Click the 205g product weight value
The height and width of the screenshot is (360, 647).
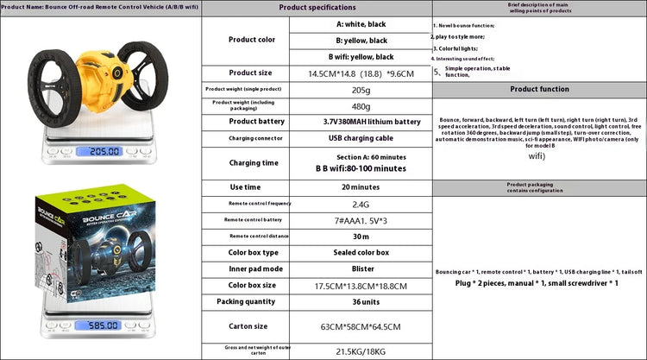click(360, 89)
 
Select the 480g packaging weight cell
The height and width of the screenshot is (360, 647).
click(360, 106)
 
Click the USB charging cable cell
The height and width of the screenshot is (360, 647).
click(360, 138)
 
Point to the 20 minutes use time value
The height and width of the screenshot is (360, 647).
click(360, 187)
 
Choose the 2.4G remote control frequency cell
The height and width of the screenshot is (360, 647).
click(360, 204)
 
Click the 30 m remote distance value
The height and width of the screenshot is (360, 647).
click(360, 236)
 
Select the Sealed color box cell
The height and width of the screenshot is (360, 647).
click(360, 252)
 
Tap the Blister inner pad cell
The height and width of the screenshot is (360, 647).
click(360, 268)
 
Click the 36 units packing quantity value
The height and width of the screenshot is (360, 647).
click(360, 301)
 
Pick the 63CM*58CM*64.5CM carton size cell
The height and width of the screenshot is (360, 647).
click(360, 327)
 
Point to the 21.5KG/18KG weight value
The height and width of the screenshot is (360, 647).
click(360, 351)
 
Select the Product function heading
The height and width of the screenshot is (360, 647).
click(539, 89)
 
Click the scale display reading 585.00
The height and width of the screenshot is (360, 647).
click(97, 325)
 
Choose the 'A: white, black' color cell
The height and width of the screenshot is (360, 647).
click(360, 24)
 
